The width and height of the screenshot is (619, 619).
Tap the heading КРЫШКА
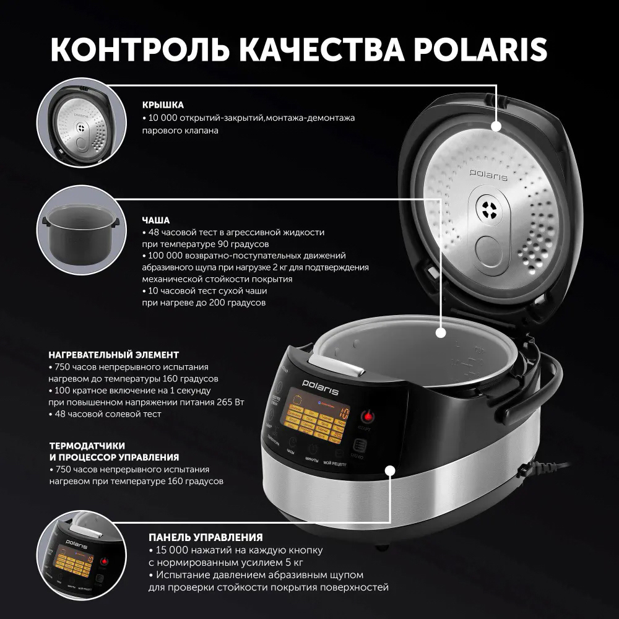163,105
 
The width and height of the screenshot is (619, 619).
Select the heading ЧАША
155,220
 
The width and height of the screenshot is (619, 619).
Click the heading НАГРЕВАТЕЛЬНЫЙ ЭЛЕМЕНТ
113,355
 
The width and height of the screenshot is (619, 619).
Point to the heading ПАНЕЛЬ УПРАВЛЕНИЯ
206,537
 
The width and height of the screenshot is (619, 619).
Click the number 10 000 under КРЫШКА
165,118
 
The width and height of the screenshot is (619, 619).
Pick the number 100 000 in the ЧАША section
168,256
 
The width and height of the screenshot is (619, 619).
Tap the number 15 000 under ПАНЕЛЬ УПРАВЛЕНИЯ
171,550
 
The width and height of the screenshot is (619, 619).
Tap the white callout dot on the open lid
496,126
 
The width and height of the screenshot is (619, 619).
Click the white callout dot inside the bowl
440,332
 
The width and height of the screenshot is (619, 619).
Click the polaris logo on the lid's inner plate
488,176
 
